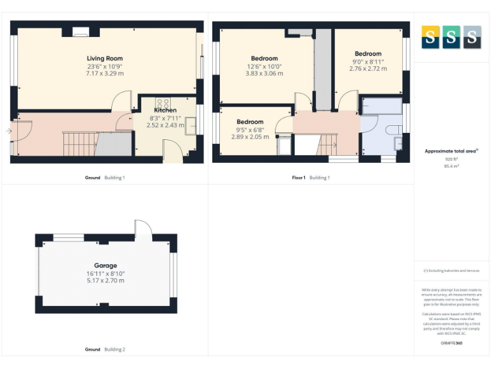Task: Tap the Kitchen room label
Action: coord(165,110)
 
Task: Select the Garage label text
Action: coord(105,265)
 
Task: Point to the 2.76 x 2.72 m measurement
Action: coord(368,68)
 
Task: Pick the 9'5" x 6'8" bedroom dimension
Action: coord(250,130)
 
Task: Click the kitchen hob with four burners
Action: coord(162,102)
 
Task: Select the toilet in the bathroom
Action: coord(394,130)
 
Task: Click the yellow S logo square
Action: coord(430,38)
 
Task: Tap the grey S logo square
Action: coord(472,38)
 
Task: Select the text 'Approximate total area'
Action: coord(450,151)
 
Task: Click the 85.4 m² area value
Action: coord(451,165)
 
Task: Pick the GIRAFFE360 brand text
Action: coord(451,344)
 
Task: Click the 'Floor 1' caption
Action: coord(298,177)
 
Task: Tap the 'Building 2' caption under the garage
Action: coord(115,349)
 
